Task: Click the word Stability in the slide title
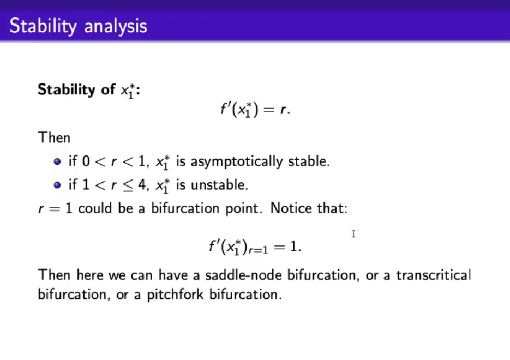click(x=43, y=26)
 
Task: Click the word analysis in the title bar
click(x=116, y=26)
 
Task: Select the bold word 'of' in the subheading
click(x=108, y=89)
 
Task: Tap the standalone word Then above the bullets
click(x=54, y=137)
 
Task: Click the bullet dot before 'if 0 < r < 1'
click(x=57, y=161)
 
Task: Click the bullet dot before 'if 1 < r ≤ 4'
click(x=57, y=185)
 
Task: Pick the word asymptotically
click(x=237, y=162)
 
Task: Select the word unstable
click(x=219, y=185)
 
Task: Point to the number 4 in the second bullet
click(x=142, y=185)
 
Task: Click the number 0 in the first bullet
click(x=86, y=161)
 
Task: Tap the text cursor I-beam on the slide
click(x=353, y=233)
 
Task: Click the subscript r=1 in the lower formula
click(x=259, y=250)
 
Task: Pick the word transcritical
click(x=433, y=275)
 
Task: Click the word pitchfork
click(x=175, y=295)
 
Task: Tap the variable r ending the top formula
click(x=284, y=110)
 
